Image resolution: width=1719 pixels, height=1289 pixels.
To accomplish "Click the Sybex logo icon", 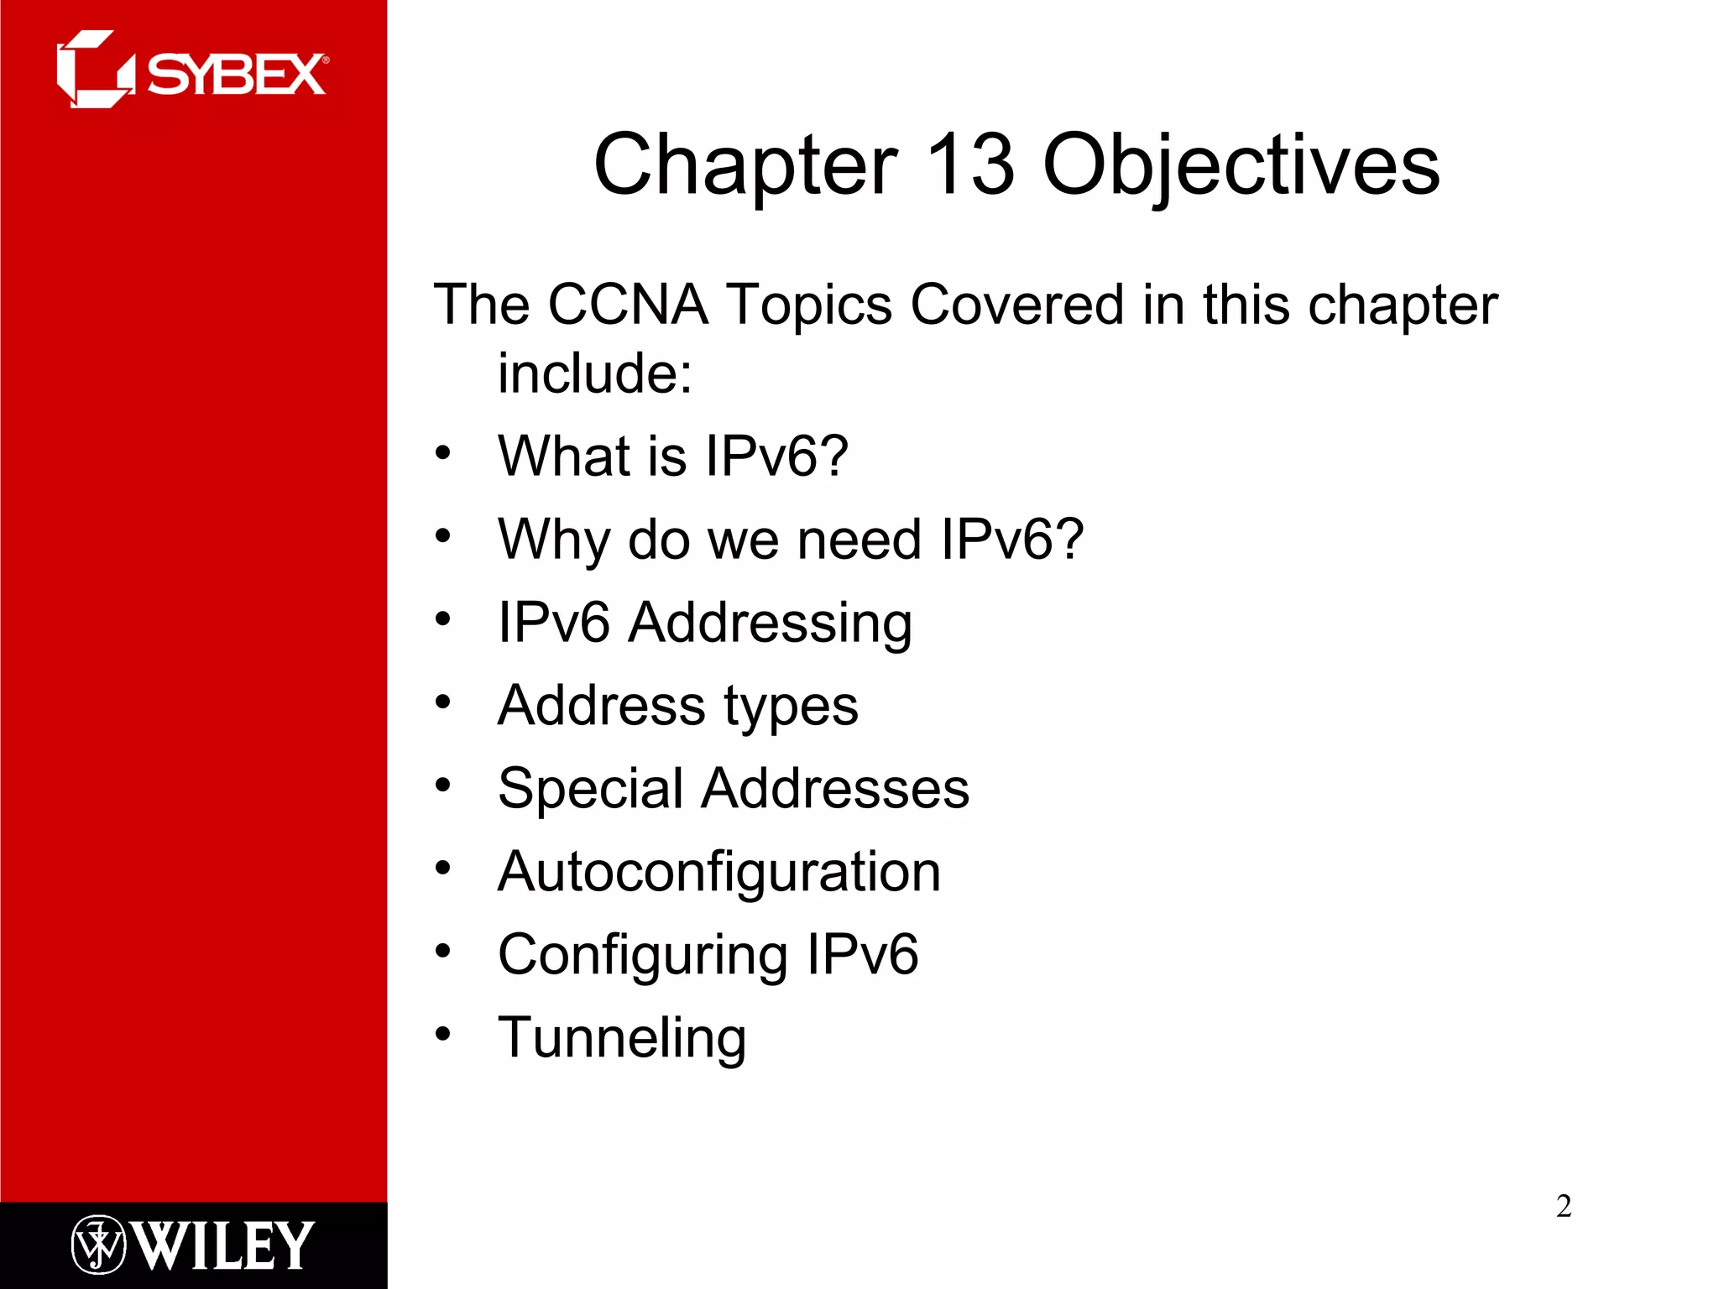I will (x=94, y=70).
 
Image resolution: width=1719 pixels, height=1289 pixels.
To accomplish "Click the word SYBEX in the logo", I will (x=237, y=75).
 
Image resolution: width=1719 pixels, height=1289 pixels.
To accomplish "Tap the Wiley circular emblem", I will (x=98, y=1244).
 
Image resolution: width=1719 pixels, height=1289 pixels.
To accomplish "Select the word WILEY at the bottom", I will (x=224, y=1245).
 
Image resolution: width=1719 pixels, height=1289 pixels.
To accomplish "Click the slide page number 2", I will (x=1564, y=1206).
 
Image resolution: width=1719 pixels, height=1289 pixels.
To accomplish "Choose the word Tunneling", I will (x=622, y=1039).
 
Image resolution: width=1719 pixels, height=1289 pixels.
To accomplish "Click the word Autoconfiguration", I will (x=719, y=873).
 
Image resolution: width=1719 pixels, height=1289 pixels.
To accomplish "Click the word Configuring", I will (x=642, y=956).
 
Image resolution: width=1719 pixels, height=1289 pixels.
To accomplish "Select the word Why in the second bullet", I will (x=554, y=540).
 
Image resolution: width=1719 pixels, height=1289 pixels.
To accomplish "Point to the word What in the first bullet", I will (x=563, y=457).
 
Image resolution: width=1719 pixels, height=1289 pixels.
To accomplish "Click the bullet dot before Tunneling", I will (x=443, y=1033).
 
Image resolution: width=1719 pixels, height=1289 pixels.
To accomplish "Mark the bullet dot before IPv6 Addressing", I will (x=443, y=618).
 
